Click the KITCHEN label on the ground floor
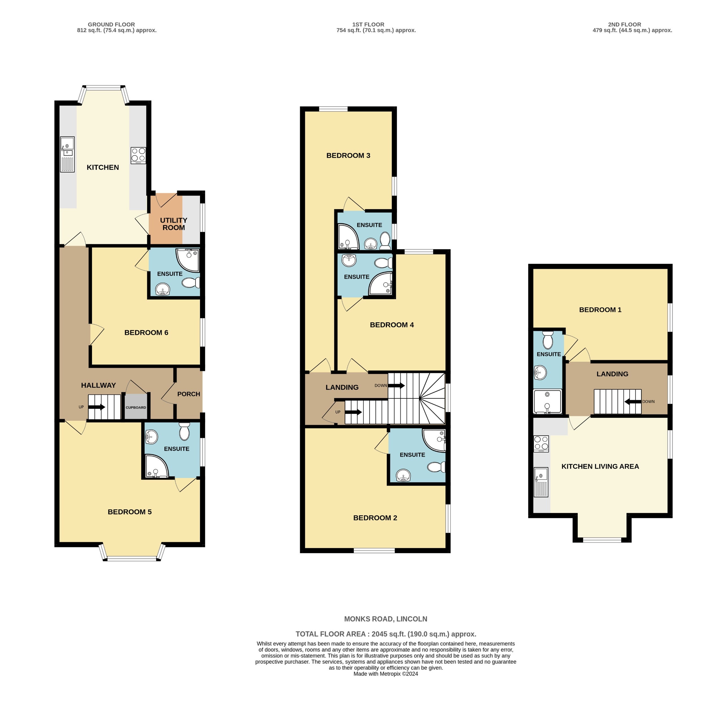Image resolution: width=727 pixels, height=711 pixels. coord(103,167)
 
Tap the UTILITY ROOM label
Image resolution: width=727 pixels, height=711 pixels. coord(173,224)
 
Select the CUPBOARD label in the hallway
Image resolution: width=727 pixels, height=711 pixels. coord(136,407)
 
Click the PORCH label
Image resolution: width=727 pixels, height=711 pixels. coord(188,394)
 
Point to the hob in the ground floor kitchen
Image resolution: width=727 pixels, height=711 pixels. coord(138,155)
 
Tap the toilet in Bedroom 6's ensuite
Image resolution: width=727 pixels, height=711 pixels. coord(191,283)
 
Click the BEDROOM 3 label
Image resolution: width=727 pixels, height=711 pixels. coord(348,155)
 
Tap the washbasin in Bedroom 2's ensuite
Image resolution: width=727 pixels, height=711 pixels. coord(403,476)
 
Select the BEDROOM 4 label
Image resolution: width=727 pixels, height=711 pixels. coord(392,325)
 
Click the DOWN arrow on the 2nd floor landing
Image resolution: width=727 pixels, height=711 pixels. coord(632,402)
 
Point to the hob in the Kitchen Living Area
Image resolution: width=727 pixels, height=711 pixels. coord(541,444)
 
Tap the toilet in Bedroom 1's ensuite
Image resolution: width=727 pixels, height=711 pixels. coord(548,339)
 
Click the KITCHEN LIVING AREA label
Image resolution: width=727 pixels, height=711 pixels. coord(600,466)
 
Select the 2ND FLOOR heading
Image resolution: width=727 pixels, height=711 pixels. coord(624,25)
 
